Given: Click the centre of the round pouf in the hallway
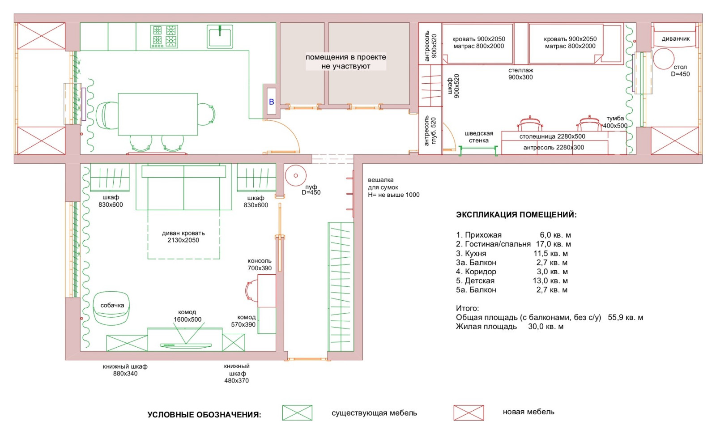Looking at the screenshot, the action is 296,175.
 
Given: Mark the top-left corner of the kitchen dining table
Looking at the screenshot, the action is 118,94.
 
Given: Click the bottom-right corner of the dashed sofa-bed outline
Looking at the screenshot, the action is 220,259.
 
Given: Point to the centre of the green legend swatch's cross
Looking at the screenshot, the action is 297,413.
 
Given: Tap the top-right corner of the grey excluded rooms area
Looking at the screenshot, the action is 410,23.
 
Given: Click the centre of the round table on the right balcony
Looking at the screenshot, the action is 664,59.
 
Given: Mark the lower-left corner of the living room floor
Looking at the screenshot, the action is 80,351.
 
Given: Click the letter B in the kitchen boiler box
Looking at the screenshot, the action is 271,102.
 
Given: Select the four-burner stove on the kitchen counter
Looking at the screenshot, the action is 164,36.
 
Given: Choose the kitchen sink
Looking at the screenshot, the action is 220,36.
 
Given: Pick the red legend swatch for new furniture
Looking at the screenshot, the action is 469,413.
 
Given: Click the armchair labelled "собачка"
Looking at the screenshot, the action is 111,308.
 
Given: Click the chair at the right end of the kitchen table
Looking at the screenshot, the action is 206,114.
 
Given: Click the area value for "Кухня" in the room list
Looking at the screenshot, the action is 550,253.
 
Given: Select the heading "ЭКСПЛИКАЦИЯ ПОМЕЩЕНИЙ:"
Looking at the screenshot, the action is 516,215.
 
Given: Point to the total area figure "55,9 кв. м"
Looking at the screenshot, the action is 625,317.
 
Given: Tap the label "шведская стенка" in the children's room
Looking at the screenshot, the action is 478,137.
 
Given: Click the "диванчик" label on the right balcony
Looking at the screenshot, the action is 675,38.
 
